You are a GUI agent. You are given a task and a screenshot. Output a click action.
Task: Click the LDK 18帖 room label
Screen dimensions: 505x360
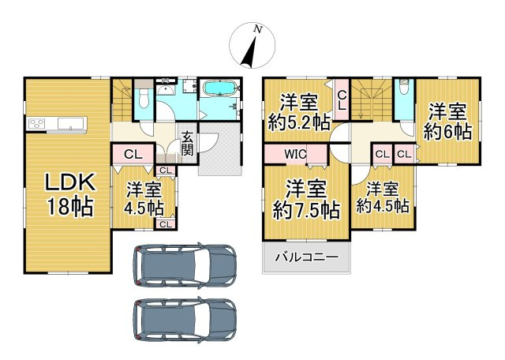coord(70,194)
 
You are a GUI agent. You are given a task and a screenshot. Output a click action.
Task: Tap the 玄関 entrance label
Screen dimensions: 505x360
coord(187,144)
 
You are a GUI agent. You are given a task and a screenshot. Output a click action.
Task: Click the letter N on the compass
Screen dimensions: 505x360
coord(257,29)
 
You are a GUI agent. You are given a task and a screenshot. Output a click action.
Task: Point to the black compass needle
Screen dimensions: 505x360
coord(249,51)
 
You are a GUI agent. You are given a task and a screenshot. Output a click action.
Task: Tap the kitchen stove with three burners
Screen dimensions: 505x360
coord(36,123)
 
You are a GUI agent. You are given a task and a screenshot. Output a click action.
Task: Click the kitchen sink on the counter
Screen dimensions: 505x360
coord(72,123)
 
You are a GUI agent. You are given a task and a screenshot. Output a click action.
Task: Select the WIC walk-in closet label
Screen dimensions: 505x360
coord(294,155)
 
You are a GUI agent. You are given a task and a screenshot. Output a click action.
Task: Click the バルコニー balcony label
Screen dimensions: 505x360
coord(306,257)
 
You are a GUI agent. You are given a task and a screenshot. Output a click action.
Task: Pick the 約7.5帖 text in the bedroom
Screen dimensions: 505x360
coord(306,211)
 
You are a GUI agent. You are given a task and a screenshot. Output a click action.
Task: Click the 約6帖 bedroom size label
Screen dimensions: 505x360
coord(447,131)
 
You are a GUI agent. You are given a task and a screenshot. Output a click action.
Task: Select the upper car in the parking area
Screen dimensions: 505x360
coord(185,265)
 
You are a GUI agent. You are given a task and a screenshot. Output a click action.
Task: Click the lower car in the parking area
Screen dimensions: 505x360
coord(185,320)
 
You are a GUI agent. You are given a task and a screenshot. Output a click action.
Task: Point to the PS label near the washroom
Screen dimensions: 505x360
coord(166,81)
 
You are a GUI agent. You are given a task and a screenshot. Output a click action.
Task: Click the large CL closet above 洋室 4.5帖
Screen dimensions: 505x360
coord(133,155)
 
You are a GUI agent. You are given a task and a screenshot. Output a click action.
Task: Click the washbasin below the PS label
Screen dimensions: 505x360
coord(166,90)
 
